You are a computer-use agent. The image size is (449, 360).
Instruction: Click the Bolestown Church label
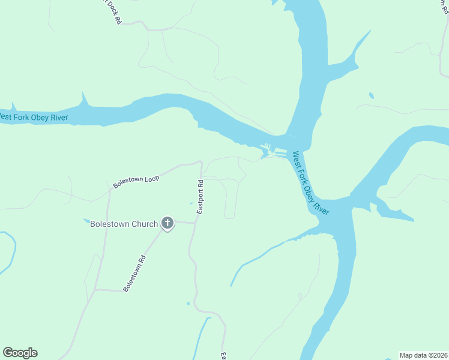tap(124, 224)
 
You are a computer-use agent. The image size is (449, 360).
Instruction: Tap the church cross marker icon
tap(167, 224)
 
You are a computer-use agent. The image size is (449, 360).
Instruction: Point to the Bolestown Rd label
tap(135, 274)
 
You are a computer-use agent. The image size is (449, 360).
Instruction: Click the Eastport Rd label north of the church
tap(201, 196)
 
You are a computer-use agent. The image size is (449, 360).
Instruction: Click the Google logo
tap(20, 353)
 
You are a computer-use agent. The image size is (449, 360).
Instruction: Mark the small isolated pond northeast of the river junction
tap(372, 95)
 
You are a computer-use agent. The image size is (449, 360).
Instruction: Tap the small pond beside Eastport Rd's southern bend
tap(188, 304)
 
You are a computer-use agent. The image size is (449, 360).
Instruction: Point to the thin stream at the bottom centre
tap(202, 340)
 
